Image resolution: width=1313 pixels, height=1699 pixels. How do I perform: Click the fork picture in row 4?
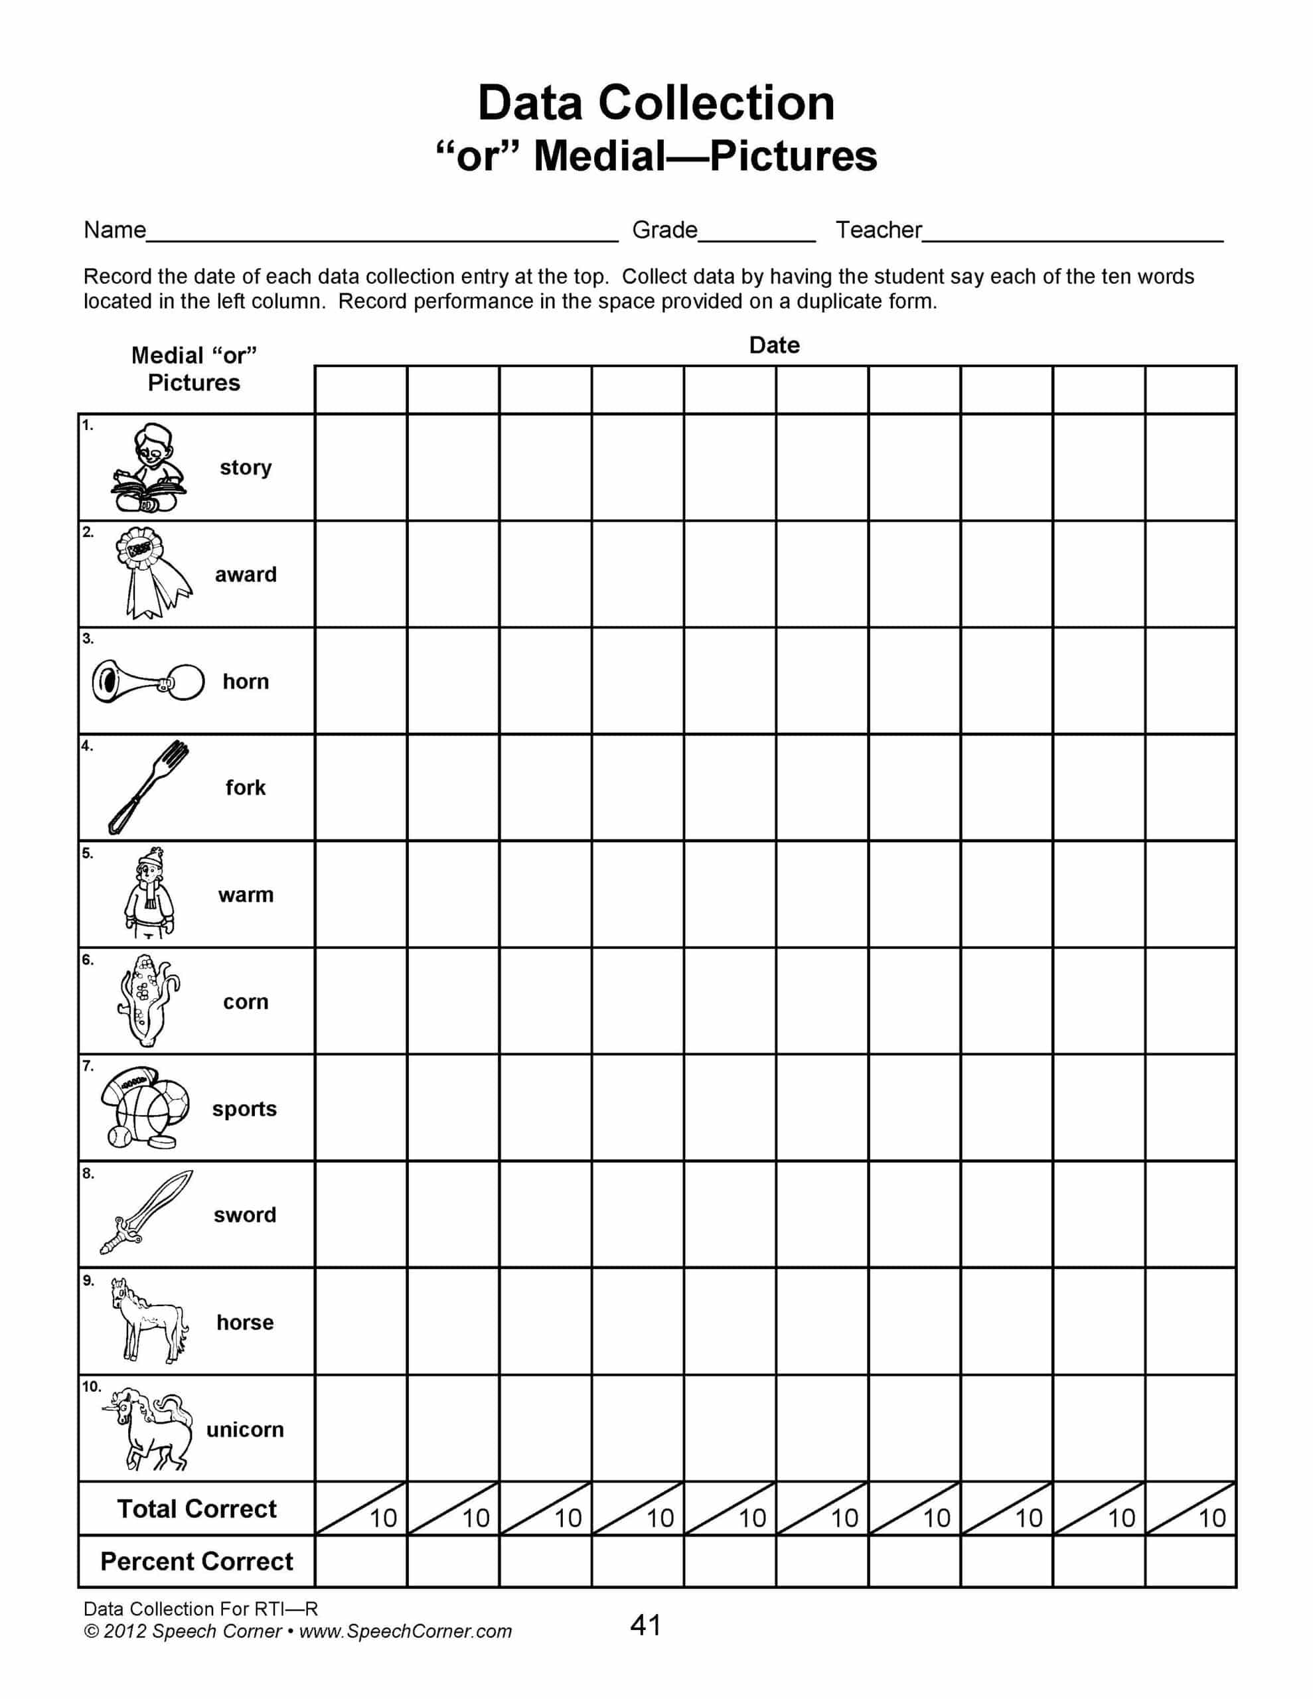148,786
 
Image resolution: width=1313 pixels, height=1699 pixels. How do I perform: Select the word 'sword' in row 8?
244,1215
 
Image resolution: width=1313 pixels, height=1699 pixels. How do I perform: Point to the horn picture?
148,682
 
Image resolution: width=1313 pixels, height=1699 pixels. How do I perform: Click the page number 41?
645,1625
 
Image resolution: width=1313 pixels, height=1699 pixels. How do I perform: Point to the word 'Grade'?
664,230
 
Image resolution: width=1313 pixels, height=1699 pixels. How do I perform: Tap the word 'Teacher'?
878,230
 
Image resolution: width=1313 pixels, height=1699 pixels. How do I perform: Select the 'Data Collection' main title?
656,103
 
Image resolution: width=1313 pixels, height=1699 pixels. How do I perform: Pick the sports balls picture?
145,1108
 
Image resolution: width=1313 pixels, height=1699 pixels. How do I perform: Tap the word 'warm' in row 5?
245,895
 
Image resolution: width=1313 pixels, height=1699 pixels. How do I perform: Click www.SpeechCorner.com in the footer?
405,1631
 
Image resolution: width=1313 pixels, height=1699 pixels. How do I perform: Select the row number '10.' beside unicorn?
91,1386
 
